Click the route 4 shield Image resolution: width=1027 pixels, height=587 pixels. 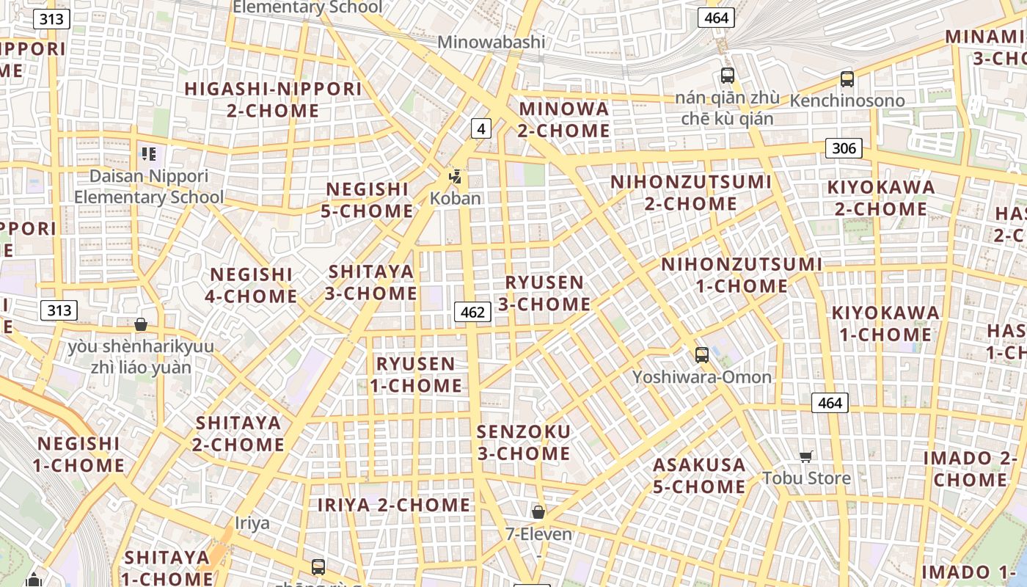(x=480, y=128)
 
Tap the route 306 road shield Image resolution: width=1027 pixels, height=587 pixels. (x=844, y=148)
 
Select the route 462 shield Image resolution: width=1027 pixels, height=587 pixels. (x=472, y=312)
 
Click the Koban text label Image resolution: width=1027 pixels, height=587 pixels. (x=455, y=198)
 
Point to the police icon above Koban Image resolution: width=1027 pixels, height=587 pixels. (x=456, y=176)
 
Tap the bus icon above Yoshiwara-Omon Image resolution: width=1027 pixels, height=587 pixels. (x=702, y=355)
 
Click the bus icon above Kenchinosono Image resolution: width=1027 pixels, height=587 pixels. (x=847, y=79)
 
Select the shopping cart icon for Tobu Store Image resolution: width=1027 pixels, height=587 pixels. (x=805, y=457)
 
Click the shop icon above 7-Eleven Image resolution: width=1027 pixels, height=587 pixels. (x=538, y=512)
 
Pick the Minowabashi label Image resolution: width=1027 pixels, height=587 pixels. (x=491, y=42)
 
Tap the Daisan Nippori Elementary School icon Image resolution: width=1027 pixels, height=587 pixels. (x=149, y=154)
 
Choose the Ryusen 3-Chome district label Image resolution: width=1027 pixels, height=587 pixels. (x=544, y=293)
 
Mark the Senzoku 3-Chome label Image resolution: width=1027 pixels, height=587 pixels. (x=523, y=442)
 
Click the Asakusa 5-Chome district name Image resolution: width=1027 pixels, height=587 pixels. (x=699, y=475)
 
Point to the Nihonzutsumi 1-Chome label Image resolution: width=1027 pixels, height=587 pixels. (x=742, y=274)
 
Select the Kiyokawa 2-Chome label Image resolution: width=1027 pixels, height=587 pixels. (x=881, y=197)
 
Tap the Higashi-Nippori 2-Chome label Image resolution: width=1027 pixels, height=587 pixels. (x=273, y=100)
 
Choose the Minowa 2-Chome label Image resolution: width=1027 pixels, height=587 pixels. (x=563, y=120)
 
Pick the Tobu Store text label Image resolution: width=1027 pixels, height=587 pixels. (x=806, y=478)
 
